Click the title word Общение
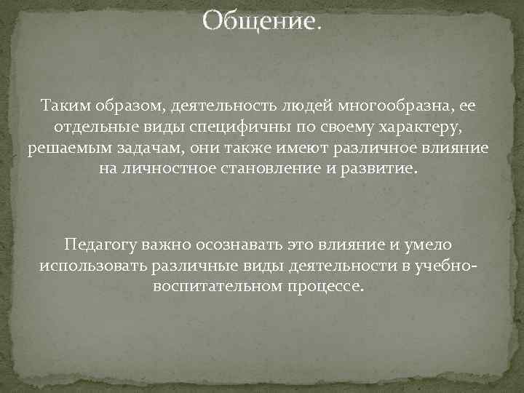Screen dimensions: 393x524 pyautogui.click(x=259, y=21)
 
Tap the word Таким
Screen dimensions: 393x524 pyautogui.click(x=68, y=108)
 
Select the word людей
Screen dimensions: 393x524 pyautogui.click(x=301, y=108)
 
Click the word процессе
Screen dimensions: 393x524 pyautogui.click(x=324, y=285)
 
